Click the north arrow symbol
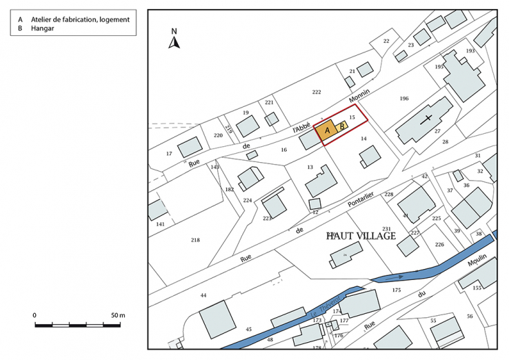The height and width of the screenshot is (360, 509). [175, 41]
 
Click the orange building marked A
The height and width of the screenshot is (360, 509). [327, 130]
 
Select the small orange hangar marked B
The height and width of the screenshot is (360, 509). [341, 126]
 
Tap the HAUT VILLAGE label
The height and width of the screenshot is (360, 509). [361, 236]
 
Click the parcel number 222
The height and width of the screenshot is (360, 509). [317, 92]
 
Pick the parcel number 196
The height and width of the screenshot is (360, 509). [404, 99]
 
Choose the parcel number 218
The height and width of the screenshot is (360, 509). [195, 239]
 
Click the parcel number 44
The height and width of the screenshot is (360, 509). [203, 295]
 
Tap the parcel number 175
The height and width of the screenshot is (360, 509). [396, 290]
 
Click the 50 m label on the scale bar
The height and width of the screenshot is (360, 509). [117, 315]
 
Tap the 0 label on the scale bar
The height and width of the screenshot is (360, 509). [35, 315]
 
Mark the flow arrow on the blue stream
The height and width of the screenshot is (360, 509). [400, 276]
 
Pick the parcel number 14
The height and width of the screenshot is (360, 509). [363, 139]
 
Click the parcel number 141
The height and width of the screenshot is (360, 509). [160, 224]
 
